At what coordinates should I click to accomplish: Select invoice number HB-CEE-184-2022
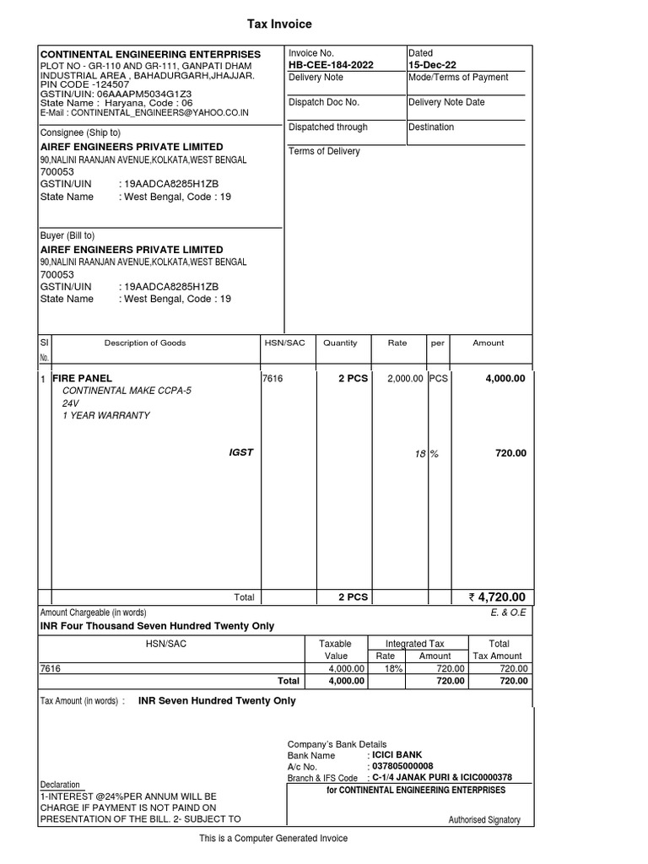coord(331,65)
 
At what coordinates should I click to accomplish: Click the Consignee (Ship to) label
coord(80,132)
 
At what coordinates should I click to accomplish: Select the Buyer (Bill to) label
coord(67,235)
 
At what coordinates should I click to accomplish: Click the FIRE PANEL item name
coord(82,379)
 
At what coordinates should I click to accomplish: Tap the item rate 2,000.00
coord(405,379)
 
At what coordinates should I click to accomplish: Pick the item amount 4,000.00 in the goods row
coord(505,379)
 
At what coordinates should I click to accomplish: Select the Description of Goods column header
coord(145,343)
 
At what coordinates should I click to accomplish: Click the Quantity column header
coord(340,343)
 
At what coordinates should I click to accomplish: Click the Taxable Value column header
coord(336,650)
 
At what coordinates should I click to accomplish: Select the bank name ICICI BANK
coord(397,754)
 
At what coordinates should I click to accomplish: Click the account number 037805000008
coord(403,766)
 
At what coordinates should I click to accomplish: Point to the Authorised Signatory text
coord(483,820)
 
